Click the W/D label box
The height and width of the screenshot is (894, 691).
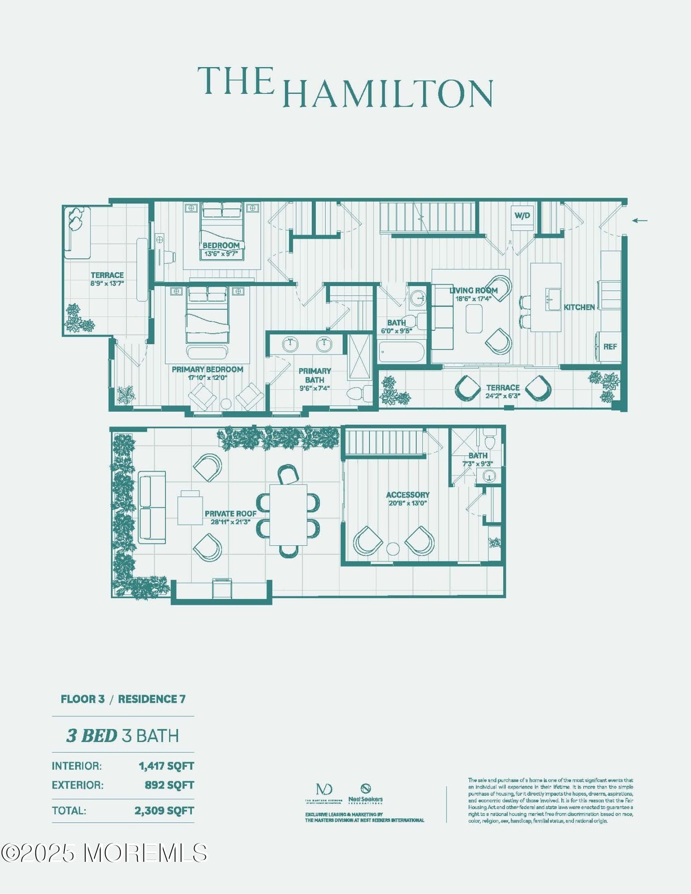(522, 216)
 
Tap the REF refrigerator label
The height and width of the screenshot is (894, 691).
(610, 346)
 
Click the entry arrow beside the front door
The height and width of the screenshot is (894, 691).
(640, 220)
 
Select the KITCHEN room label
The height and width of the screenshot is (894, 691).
(579, 307)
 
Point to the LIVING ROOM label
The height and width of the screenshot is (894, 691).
(473, 291)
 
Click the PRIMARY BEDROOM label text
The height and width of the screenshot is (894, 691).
(208, 369)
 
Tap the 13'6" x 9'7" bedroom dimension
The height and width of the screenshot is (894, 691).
(221, 254)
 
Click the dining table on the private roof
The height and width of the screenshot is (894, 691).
(288, 514)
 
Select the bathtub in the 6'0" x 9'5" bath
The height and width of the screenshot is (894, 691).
(401, 352)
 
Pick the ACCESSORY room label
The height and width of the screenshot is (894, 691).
(407, 495)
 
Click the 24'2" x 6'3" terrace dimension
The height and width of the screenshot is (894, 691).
(503, 396)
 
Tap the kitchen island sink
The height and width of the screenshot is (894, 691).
(553, 299)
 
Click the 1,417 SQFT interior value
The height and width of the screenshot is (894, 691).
(166, 766)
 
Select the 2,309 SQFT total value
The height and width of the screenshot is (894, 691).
(164, 810)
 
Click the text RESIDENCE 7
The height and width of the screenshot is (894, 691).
(152, 699)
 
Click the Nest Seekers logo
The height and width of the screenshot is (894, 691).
(365, 793)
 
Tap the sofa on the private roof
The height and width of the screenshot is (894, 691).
(152, 507)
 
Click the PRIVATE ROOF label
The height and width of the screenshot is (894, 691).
(230, 514)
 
